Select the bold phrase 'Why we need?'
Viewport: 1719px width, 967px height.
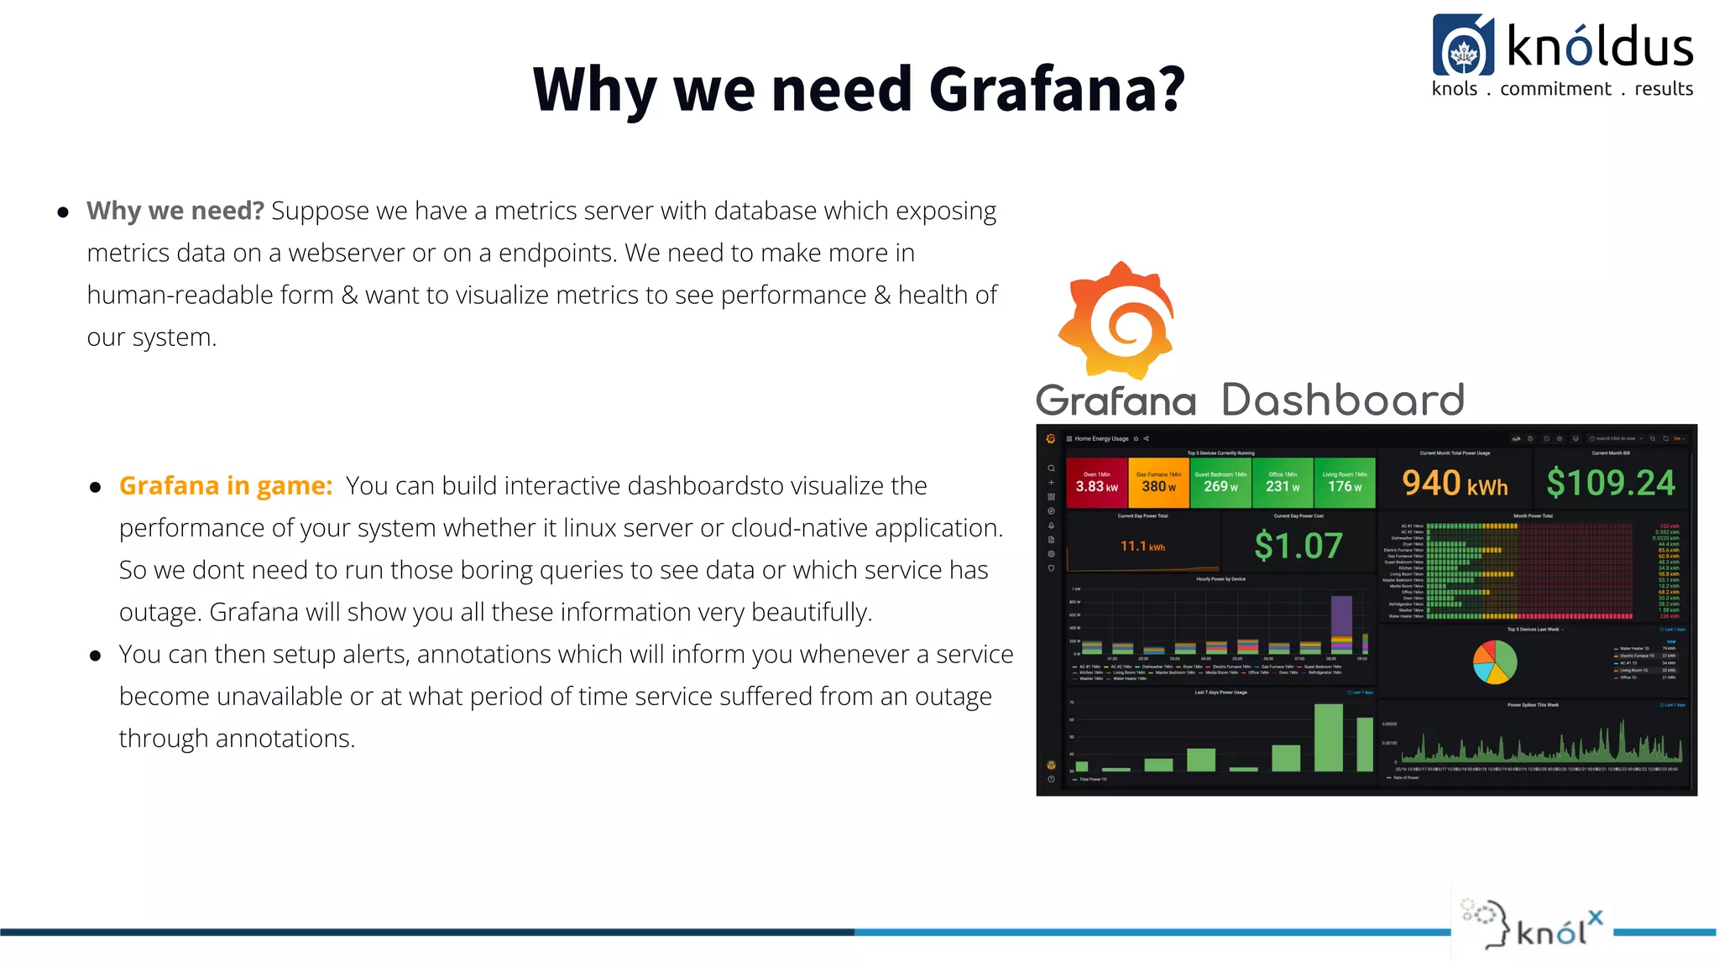tap(175, 211)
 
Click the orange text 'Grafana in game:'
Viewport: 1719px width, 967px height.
tap(226, 486)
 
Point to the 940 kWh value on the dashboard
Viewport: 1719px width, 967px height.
tap(1455, 483)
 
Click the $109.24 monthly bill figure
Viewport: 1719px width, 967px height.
tap(1610, 483)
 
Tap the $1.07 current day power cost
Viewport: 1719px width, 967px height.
tap(1298, 546)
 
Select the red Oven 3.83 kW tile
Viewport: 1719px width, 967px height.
tap(1096, 483)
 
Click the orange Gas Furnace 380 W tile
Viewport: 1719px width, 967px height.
tap(1158, 483)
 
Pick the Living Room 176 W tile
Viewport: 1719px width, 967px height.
tap(1344, 483)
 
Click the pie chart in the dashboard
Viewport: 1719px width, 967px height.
tap(1495, 661)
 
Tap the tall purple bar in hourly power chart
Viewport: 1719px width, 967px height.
tap(1341, 617)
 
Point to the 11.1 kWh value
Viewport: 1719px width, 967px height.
tap(1142, 546)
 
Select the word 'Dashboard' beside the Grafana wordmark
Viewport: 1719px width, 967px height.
tap(1342, 400)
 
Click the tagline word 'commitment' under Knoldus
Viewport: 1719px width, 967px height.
tap(1555, 89)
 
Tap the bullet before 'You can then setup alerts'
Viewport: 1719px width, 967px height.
tap(96, 656)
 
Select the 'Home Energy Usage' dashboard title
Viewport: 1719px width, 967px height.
tap(1101, 438)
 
